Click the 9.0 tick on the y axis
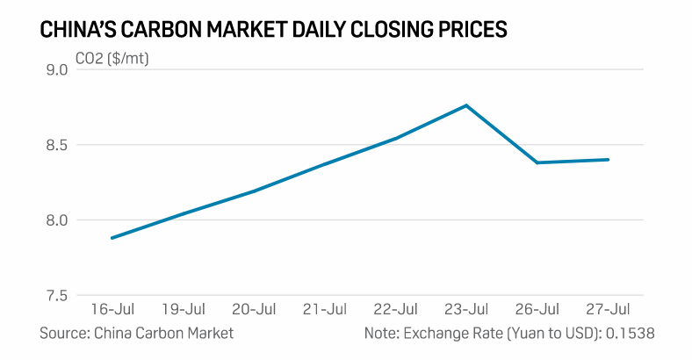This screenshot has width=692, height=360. coord(55,69)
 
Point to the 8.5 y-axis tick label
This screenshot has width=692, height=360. coord(55,145)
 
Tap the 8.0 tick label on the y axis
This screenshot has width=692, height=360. coord(55,220)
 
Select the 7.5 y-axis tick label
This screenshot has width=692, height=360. coord(55,296)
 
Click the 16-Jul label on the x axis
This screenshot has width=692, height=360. coord(112,310)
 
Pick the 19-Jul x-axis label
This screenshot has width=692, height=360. coord(184,310)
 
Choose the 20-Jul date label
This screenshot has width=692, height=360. coord(255,310)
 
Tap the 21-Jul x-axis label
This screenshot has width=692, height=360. coord(325,310)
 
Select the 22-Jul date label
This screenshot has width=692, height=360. coord(396,310)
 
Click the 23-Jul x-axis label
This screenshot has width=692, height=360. coord(466,310)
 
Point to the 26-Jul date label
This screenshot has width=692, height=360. coord(537,310)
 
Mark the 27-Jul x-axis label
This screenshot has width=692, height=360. coord(609,310)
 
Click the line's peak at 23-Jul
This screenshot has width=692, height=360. coord(466,105)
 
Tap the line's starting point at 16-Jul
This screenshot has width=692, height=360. coord(112,238)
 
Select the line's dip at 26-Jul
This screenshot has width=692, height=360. coord(537,162)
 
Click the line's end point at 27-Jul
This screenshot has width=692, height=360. coord(609,160)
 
